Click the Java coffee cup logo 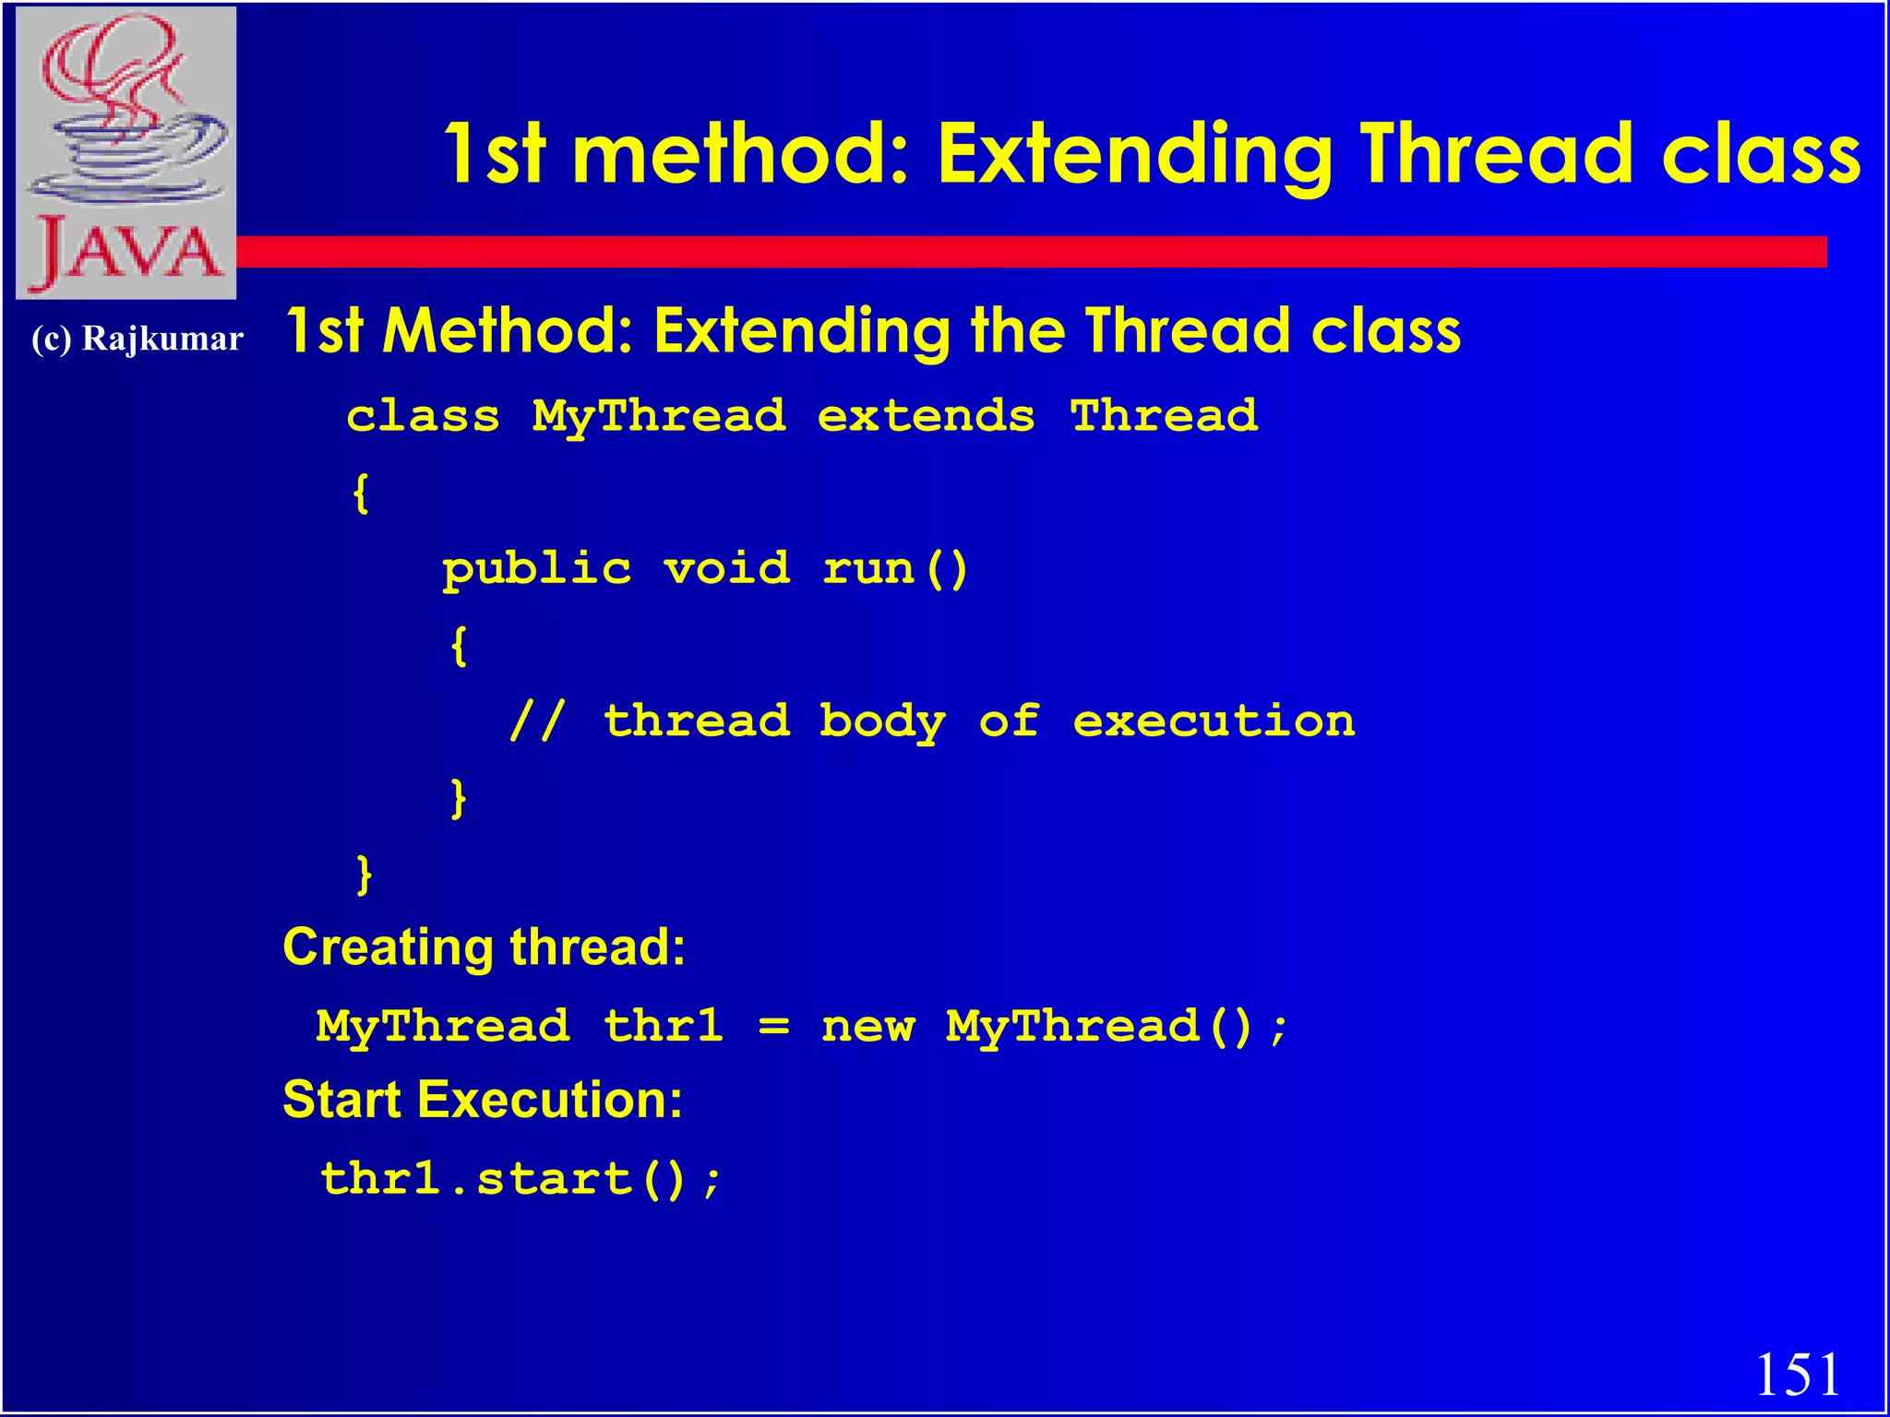pos(126,152)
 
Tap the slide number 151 pos(1797,1375)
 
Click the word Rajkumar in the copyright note pos(162,339)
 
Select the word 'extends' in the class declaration pos(926,416)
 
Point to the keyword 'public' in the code pos(537,569)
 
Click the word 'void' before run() pos(727,567)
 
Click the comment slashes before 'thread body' pos(537,720)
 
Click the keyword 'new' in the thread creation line pos(868,1027)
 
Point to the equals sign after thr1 pos(773,1027)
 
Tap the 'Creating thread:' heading pos(484,947)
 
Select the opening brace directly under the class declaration pos(362,494)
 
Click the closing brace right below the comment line pos(458,798)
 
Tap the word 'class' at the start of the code pos(424,416)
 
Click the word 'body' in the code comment pos(882,721)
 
